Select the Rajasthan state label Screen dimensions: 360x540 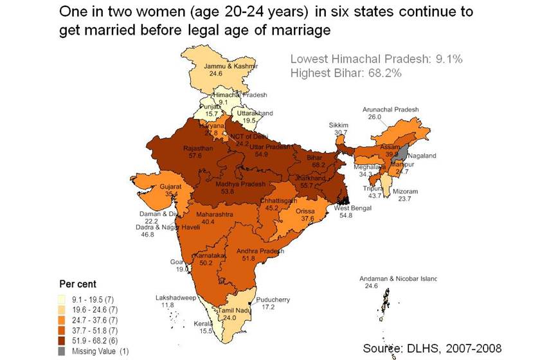coord(198,148)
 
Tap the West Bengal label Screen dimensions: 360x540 coord(352,208)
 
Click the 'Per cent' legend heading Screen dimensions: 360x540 coord(77,283)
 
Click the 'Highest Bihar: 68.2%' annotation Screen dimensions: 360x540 coord(346,73)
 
